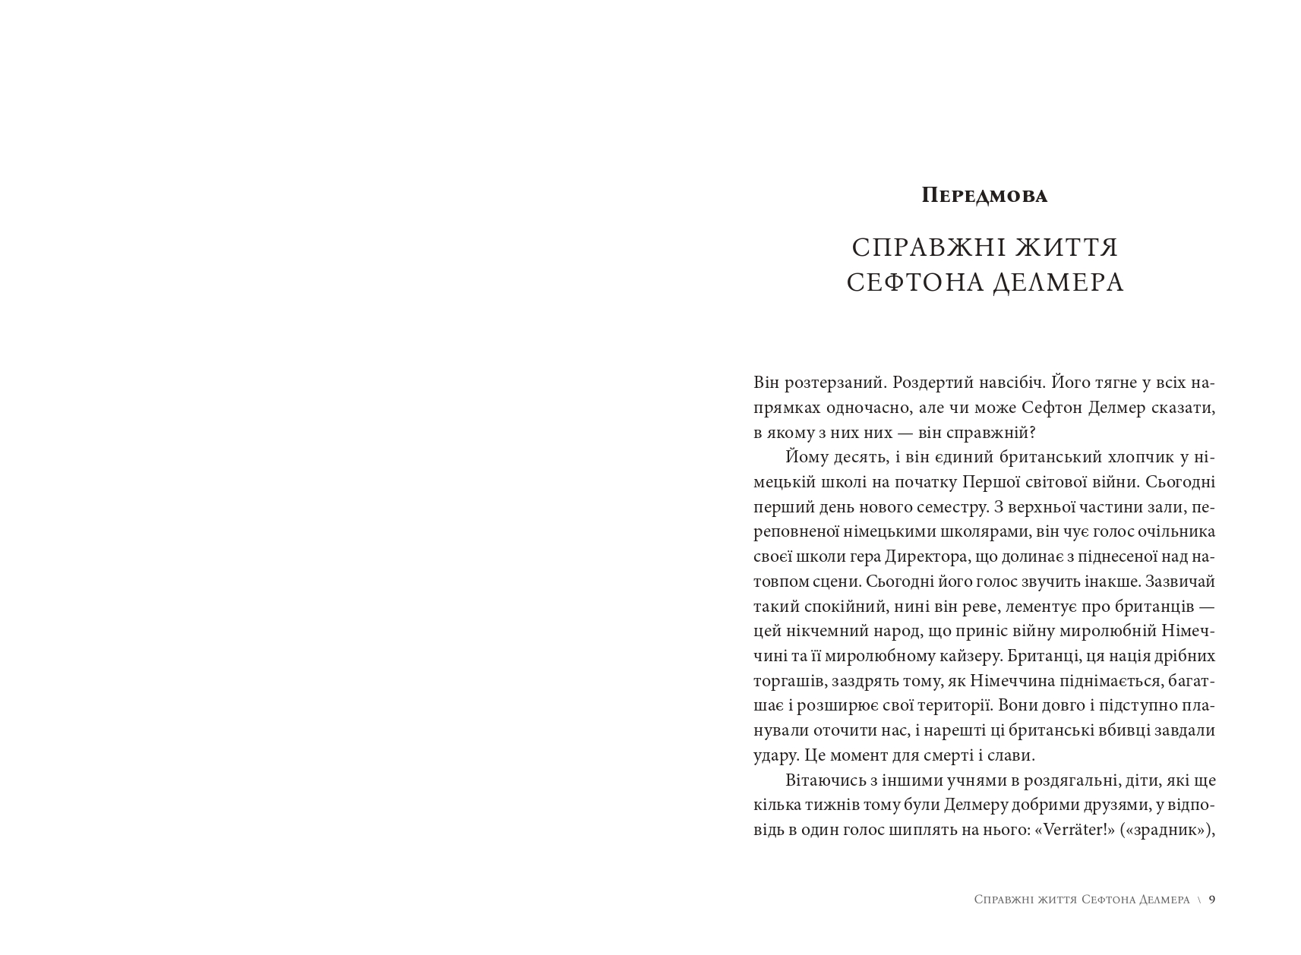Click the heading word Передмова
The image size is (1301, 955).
(x=984, y=196)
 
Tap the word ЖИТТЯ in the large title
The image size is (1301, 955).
(x=1069, y=247)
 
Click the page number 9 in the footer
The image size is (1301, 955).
(x=1212, y=900)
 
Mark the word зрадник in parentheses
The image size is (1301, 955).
(x=1169, y=830)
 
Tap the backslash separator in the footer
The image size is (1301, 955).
(x=1199, y=900)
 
